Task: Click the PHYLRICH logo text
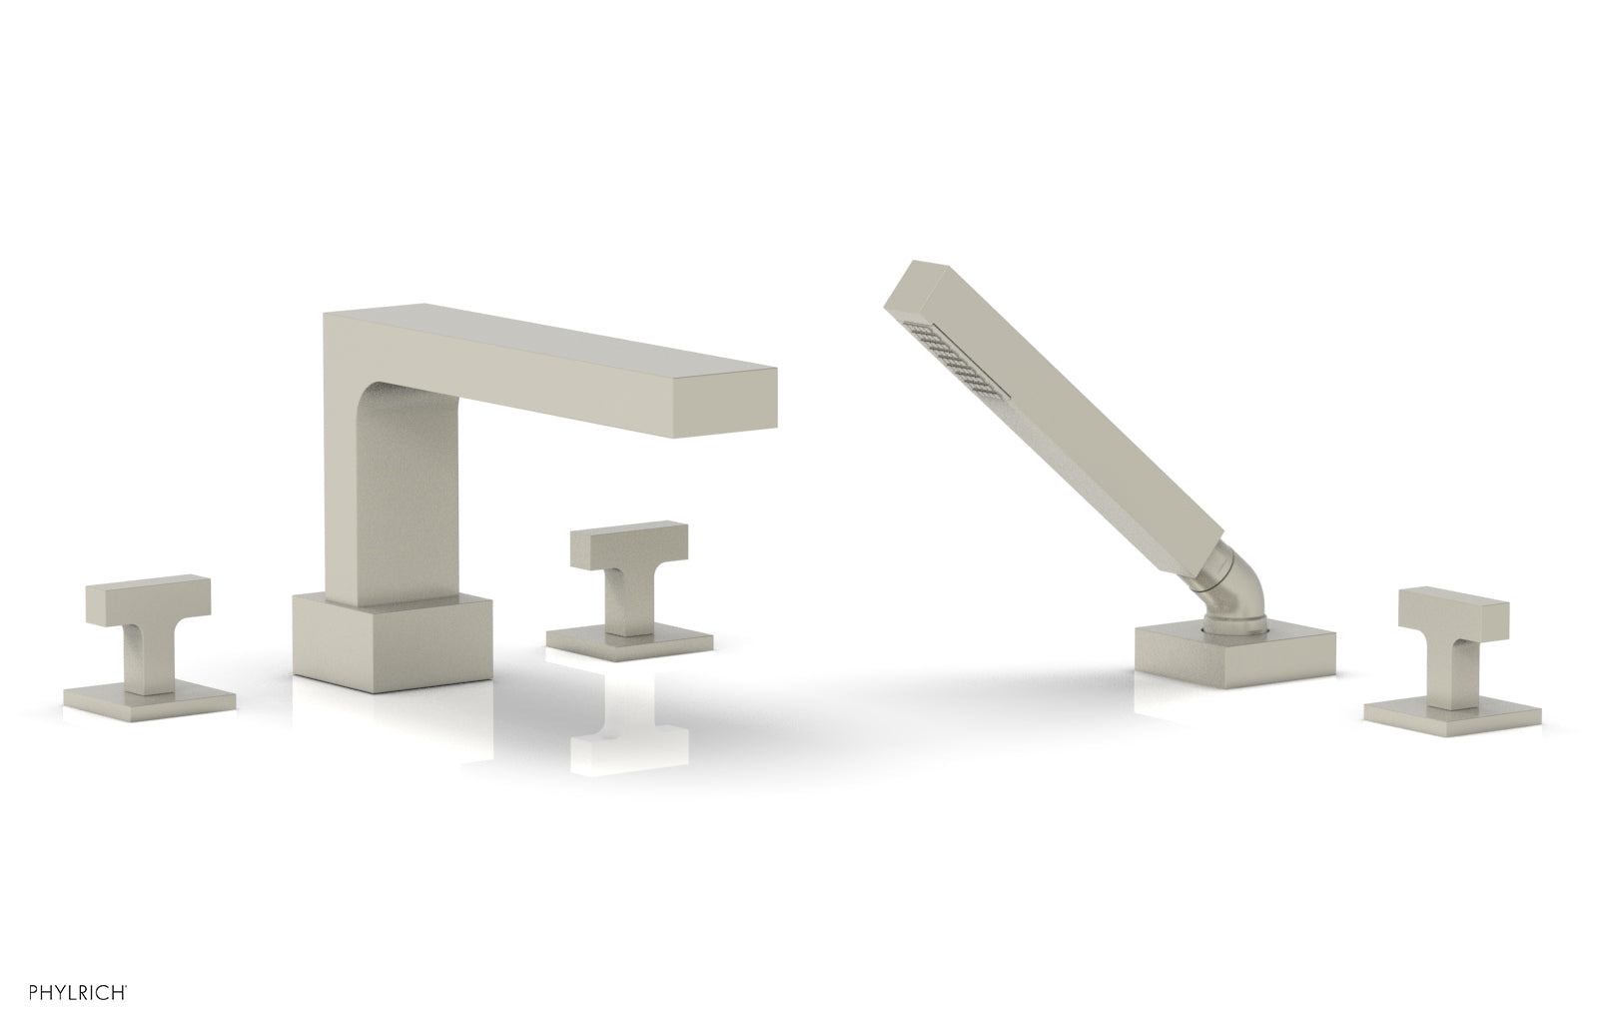(78, 993)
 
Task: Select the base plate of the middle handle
(629, 642)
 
